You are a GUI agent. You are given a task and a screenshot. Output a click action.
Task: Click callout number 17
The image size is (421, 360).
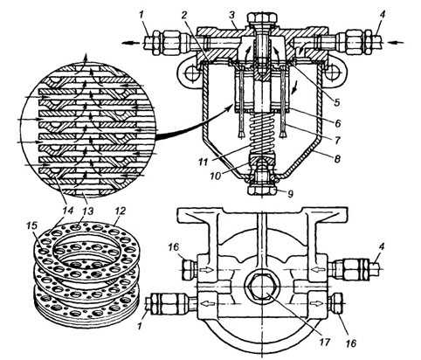coord(324,342)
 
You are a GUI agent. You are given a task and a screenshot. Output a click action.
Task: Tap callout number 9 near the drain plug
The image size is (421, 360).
coord(290,194)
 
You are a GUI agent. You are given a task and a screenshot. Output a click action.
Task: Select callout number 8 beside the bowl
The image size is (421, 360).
coord(337,159)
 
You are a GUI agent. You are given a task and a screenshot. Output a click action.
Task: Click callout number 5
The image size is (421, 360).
coord(336,102)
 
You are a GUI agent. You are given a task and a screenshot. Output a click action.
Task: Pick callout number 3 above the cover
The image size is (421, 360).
coord(337,123)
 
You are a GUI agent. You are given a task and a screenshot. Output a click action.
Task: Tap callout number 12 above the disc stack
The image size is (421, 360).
coord(121,211)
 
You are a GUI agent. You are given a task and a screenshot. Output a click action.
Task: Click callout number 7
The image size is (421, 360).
coord(337,141)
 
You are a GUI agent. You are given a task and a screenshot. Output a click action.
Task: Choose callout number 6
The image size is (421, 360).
coord(337,123)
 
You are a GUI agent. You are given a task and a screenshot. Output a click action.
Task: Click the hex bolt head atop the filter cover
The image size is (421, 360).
coord(262,17)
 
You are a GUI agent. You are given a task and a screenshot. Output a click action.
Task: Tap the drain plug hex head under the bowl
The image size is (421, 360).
coord(262,190)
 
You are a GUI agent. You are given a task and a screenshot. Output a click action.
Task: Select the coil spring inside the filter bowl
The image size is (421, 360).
coord(262,133)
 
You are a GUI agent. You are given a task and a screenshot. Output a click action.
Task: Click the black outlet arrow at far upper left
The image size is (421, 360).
coord(130,43)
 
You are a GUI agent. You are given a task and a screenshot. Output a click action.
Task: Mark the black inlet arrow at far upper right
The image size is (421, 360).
coord(397,43)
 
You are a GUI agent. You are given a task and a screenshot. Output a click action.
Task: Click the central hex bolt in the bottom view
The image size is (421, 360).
coord(262,287)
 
